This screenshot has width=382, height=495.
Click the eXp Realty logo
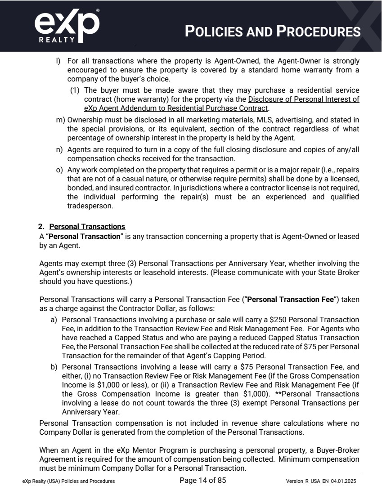tap(67, 26)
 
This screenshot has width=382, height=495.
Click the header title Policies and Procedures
tap(273, 31)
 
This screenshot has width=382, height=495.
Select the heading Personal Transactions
tap(87, 227)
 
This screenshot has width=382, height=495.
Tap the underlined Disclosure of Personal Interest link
tap(303, 99)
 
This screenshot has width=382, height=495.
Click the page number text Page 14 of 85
tap(202, 481)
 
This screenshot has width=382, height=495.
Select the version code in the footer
tap(323, 481)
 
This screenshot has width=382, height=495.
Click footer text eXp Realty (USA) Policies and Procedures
tap(68, 481)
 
